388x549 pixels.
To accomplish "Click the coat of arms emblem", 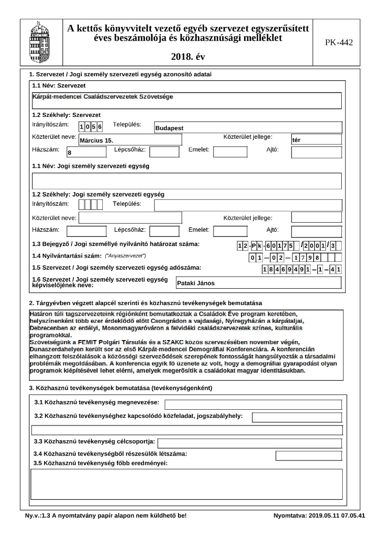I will pos(40,42).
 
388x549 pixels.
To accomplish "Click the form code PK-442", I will pos(339,42).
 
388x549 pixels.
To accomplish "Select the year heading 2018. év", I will pos(189,56).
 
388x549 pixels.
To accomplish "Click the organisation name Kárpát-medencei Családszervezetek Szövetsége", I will pos(102,97).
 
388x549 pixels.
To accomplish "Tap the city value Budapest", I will pos(169,128).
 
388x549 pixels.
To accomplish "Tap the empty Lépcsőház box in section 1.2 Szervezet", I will pos(164,151).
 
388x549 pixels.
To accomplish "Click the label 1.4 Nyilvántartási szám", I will pos(67,256).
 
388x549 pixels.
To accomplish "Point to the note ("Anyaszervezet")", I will pos(125,256).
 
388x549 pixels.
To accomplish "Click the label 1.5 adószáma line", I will pos(116,267).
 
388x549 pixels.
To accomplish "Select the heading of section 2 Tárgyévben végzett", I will pos(145,303).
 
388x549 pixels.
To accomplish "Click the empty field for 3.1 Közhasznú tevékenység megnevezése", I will pos(253,405).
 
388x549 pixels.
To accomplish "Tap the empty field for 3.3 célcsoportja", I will pos(249,443).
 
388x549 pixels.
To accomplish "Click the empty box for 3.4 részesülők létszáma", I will pos(297,455).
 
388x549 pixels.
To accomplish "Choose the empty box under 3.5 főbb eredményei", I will pos(186,484).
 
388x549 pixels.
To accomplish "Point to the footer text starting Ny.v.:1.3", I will pos(106,515).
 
